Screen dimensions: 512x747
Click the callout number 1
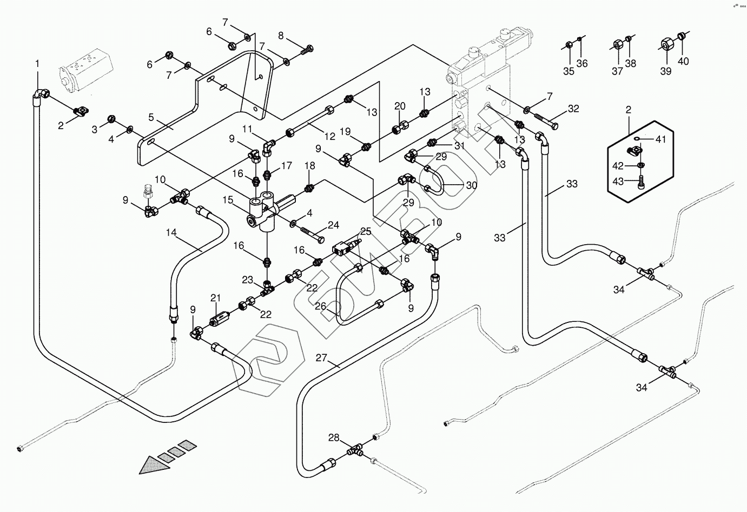(37, 64)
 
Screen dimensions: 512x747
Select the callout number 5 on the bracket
(151, 117)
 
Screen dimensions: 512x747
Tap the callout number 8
(280, 36)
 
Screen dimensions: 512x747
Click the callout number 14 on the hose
(171, 233)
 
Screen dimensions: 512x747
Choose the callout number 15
(228, 200)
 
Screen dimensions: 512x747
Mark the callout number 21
(216, 298)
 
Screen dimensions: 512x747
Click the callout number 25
(366, 232)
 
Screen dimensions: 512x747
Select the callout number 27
(321, 358)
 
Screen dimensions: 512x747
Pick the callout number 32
(573, 109)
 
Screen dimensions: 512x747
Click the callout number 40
(683, 61)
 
